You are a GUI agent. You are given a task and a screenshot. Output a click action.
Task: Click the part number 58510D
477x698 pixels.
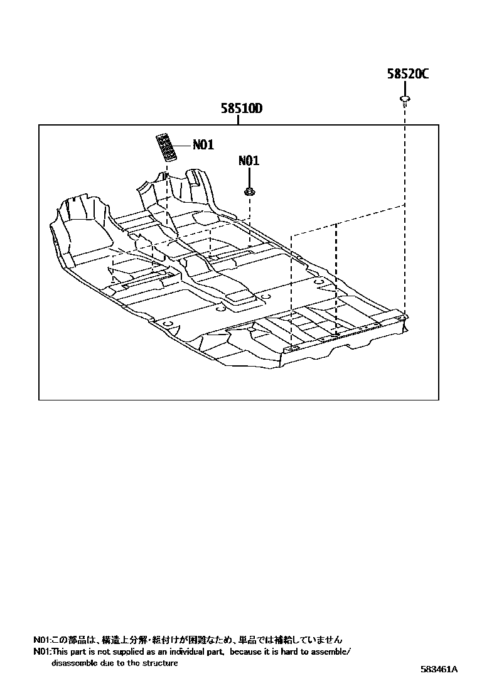pyautogui.click(x=241, y=109)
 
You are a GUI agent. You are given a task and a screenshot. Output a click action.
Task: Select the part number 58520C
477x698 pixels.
pyautogui.click(x=407, y=74)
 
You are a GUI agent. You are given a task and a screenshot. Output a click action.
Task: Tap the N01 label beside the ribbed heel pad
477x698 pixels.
pyautogui.click(x=203, y=145)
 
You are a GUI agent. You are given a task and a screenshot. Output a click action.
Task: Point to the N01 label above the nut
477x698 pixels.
pyautogui.click(x=249, y=161)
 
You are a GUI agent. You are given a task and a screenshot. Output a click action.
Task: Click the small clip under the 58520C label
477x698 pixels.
pyautogui.click(x=405, y=99)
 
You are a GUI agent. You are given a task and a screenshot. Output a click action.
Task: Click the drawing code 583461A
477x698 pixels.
pyautogui.click(x=439, y=669)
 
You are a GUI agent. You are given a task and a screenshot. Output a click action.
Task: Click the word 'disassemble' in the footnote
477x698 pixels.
pyautogui.click(x=75, y=663)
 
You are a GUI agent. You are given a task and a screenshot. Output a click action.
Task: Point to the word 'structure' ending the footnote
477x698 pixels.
pyautogui.click(x=161, y=663)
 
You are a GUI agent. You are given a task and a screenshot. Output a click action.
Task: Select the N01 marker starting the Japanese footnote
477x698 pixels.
pyautogui.click(x=41, y=640)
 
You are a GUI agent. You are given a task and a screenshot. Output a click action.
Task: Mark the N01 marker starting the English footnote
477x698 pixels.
pyautogui.click(x=41, y=652)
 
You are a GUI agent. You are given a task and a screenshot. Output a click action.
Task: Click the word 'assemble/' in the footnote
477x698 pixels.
pyautogui.click(x=331, y=652)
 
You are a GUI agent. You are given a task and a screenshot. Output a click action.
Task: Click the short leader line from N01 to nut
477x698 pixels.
pyautogui.click(x=249, y=177)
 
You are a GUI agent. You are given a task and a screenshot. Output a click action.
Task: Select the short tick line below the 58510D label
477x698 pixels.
pyautogui.click(x=239, y=121)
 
